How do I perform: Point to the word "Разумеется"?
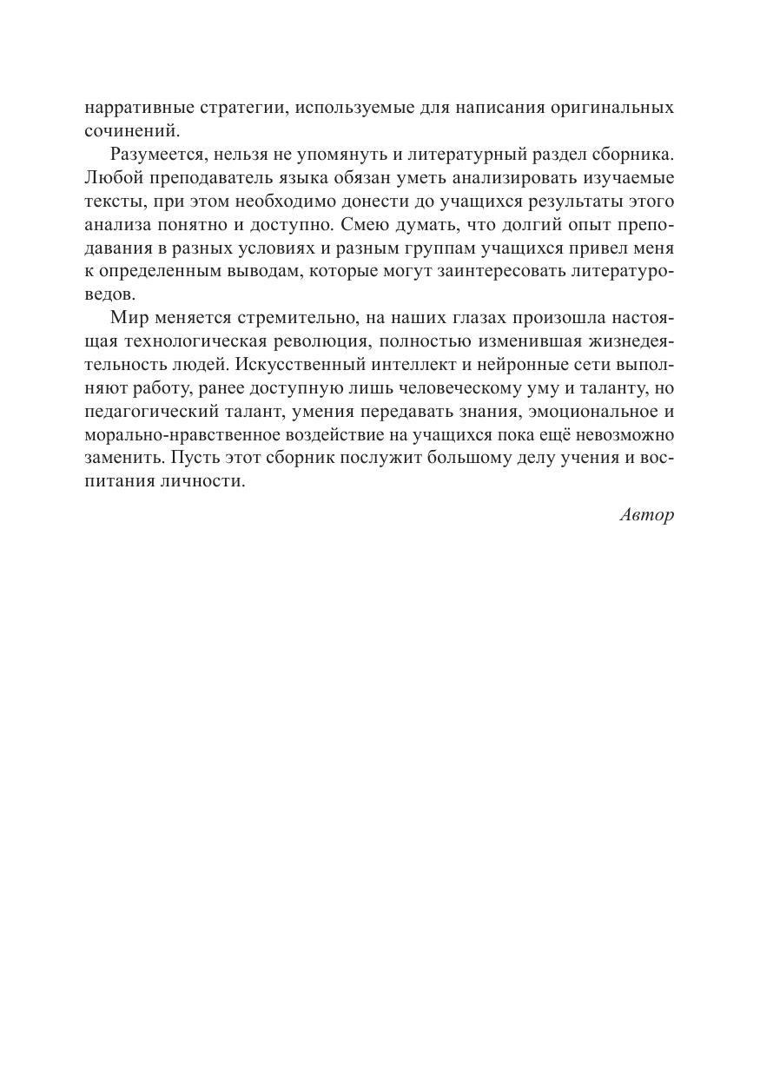pyautogui.click(x=155, y=155)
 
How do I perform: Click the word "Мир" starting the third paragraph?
pyautogui.click(x=127, y=316)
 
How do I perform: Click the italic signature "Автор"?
pyautogui.click(x=647, y=514)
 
